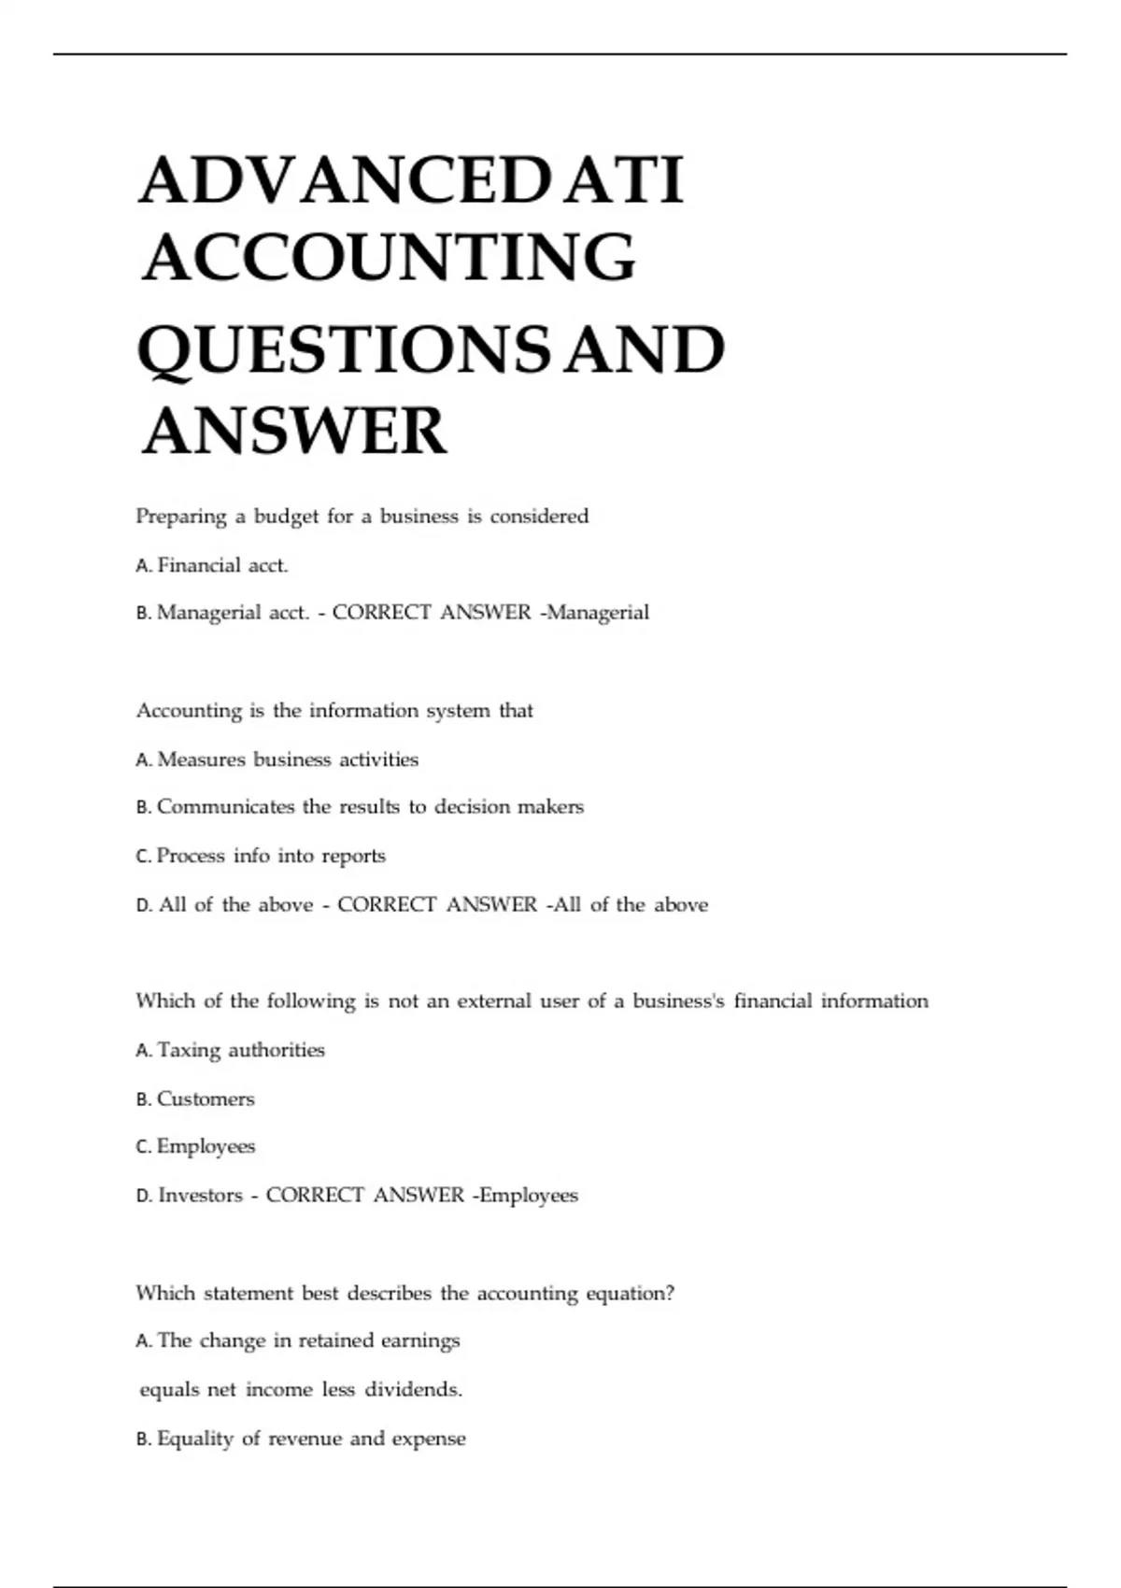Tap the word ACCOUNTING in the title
[389, 258]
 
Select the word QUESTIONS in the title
[344, 349]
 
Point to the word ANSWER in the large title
[294, 432]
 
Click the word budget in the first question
[286, 517]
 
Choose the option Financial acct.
[222, 565]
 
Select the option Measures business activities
[287, 759]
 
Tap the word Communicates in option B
[225, 807]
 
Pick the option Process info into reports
[270, 856]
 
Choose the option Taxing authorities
[240, 1050]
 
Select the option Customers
[206, 1099]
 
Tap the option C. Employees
[206, 1146]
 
